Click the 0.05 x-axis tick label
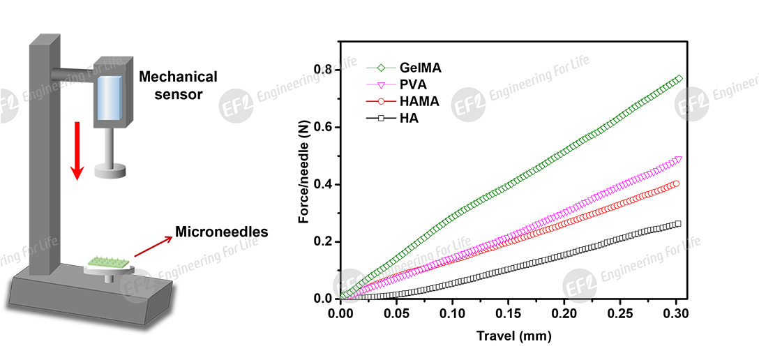click(396, 314)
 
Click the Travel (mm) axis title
click(513, 336)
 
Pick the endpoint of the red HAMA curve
click(675, 184)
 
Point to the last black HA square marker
click(677, 224)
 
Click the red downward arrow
click(78, 149)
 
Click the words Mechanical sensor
click(177, 84)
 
